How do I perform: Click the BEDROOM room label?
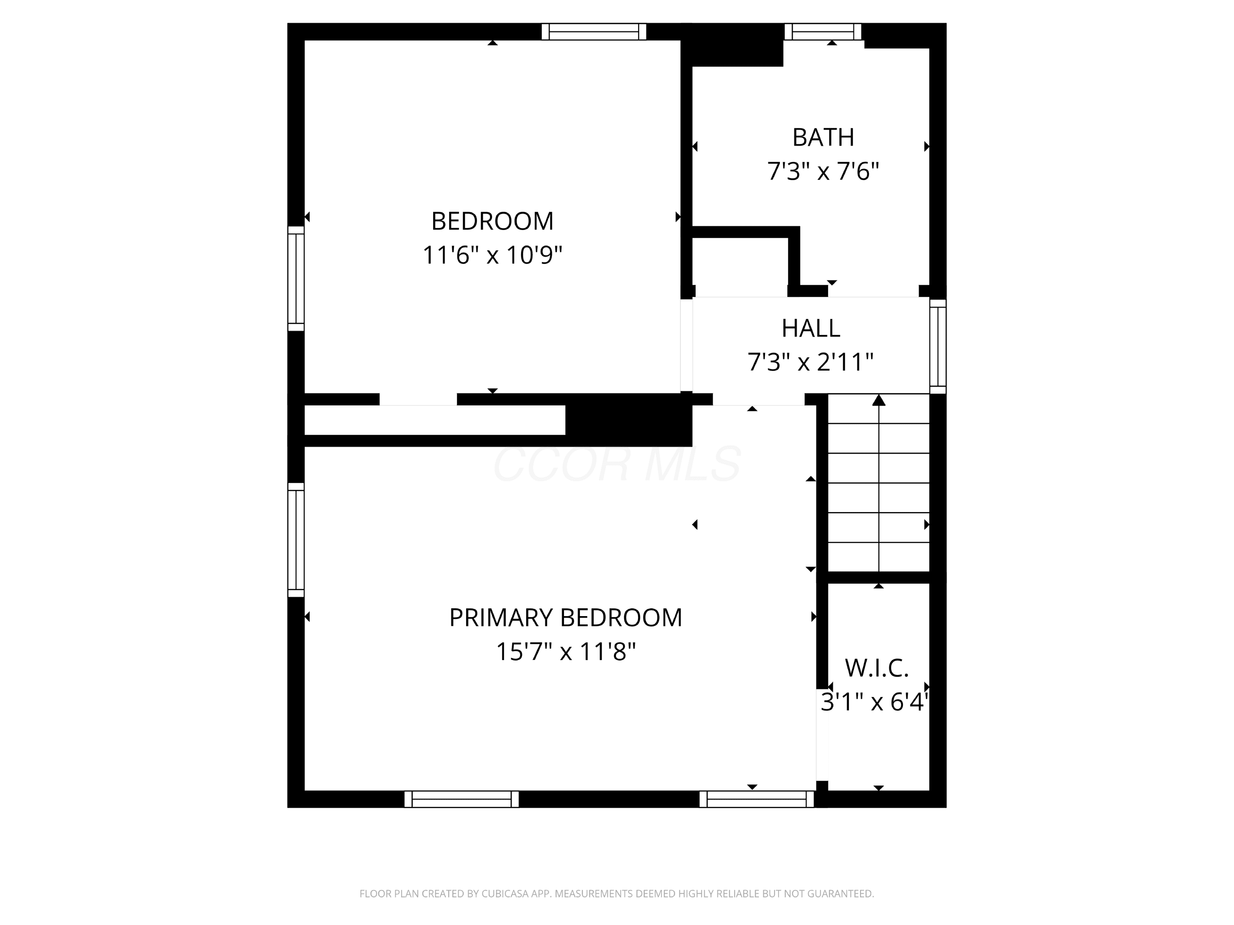(492, 222)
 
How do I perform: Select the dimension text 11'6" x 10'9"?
(492, 255)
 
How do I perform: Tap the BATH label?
(823, 137)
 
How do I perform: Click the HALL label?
(811, 329)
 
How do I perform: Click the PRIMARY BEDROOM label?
(566, 618)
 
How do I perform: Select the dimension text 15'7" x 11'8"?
(566, 651)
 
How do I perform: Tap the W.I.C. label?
(877, 668)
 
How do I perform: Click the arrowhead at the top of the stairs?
(879, 400)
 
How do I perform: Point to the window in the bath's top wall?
(823, 32)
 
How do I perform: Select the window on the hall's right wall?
(938, 346)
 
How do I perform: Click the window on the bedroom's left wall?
(296, 279)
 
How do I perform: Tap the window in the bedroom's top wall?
(594, 32)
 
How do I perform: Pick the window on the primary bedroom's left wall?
(296, 540)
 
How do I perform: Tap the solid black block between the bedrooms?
(629, 420)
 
